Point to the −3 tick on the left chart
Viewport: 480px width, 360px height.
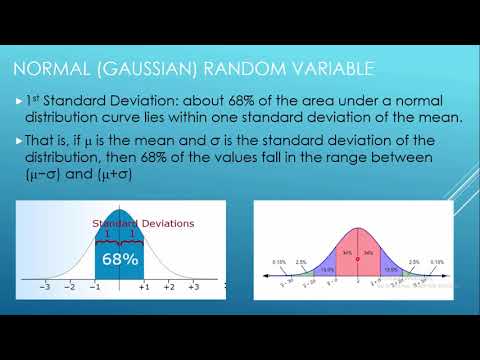(x=43, y=286)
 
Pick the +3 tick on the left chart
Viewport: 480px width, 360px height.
(x=194, y=286)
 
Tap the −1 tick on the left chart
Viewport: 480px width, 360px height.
(x=94, y=286)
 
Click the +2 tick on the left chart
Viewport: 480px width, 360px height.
(x=169, y=286)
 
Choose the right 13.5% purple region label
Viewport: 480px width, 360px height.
(x=390, y=268)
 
